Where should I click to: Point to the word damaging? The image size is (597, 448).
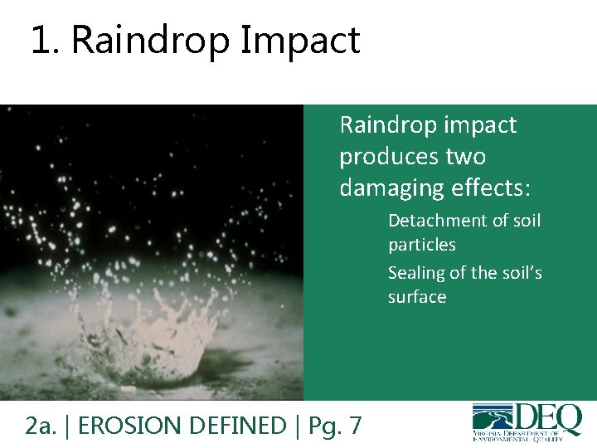coord(386,188)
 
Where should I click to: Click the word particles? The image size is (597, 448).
coord(421,245)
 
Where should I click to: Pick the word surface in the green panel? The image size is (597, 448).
coord(416,297)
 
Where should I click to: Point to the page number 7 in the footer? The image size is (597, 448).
coord(355,426)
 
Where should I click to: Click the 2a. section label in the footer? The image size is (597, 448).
coord(41,426)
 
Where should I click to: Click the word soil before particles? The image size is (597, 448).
coord(525,221)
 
